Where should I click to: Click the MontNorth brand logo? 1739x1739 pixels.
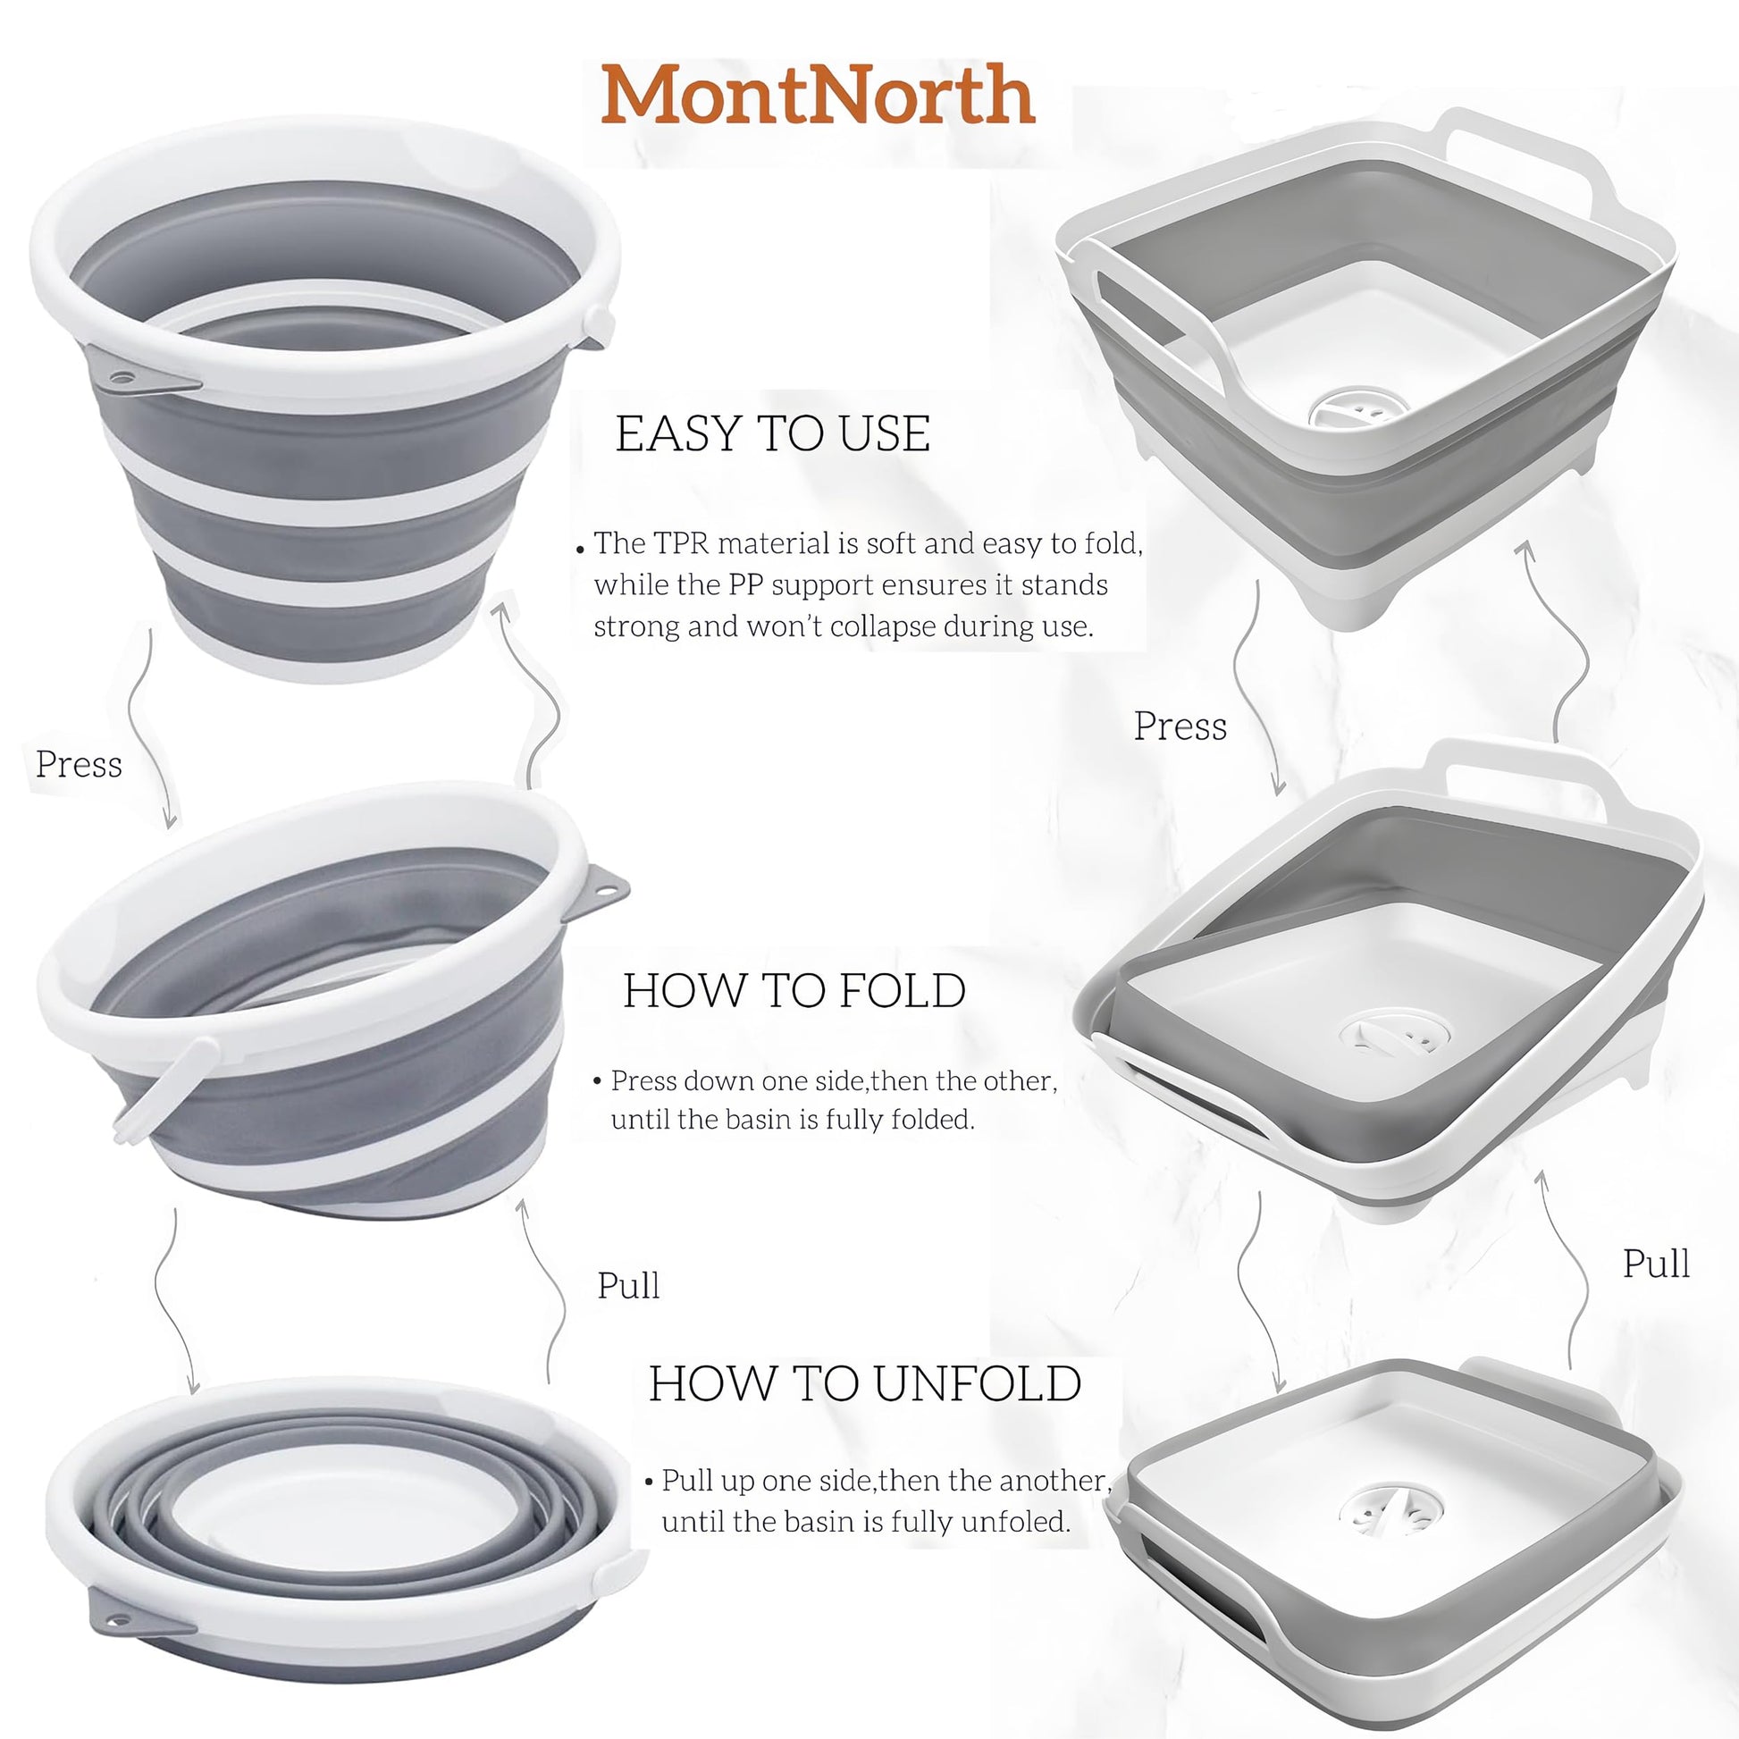pos(819,95)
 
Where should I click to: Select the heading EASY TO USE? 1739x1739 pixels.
pos(772,433)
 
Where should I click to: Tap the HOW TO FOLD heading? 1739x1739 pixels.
pos(794,991)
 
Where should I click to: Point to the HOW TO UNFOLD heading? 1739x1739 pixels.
pos(864,1383)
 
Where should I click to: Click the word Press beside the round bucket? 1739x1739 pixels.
pos(79,764)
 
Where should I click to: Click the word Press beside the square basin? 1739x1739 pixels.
pos(1180,726)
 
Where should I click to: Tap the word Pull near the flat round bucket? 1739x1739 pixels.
pos(628,1284)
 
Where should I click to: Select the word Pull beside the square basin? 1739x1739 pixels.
pos(1656,1263)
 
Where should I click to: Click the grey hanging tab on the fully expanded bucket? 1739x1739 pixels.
pos(144,378)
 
